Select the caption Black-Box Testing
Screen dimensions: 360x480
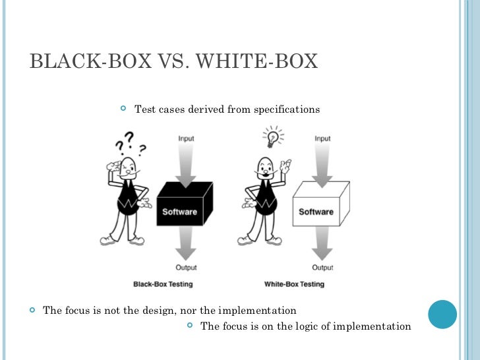click(163, 284)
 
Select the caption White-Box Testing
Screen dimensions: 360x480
click(294, 284)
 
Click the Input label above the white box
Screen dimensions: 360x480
click(322, 138)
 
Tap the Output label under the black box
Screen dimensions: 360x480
click(187, 268)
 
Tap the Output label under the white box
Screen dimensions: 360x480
click(322, 268)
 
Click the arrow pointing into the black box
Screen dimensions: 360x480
click(187, 165)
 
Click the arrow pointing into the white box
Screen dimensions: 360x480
click(322, 165)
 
